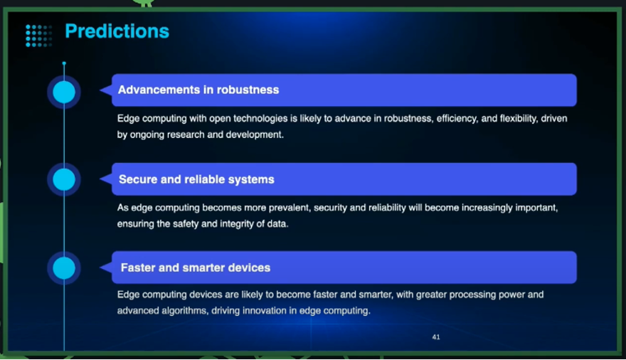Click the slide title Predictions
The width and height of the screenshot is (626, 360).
[x=117, y=31]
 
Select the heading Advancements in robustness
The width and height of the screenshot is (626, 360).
[x=198, y=90]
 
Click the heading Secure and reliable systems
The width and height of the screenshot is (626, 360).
[x=196, y=179]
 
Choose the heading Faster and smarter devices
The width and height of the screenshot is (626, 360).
[x=196, y=268]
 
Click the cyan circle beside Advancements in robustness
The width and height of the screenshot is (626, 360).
[x=64, y=92]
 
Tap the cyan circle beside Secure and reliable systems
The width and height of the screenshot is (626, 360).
[x=64, y=180]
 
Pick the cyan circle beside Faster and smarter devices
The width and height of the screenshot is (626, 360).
[x=64, y=268]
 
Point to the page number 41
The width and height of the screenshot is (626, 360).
[x=436, y=337]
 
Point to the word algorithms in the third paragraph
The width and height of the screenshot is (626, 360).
[x=184, y=311]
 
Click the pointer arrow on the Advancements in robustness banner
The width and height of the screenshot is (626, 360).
[x=105, y=90]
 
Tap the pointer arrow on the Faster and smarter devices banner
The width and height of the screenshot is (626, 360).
[x=105, y=268]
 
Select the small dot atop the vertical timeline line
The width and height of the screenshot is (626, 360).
[x=64, y=63]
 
